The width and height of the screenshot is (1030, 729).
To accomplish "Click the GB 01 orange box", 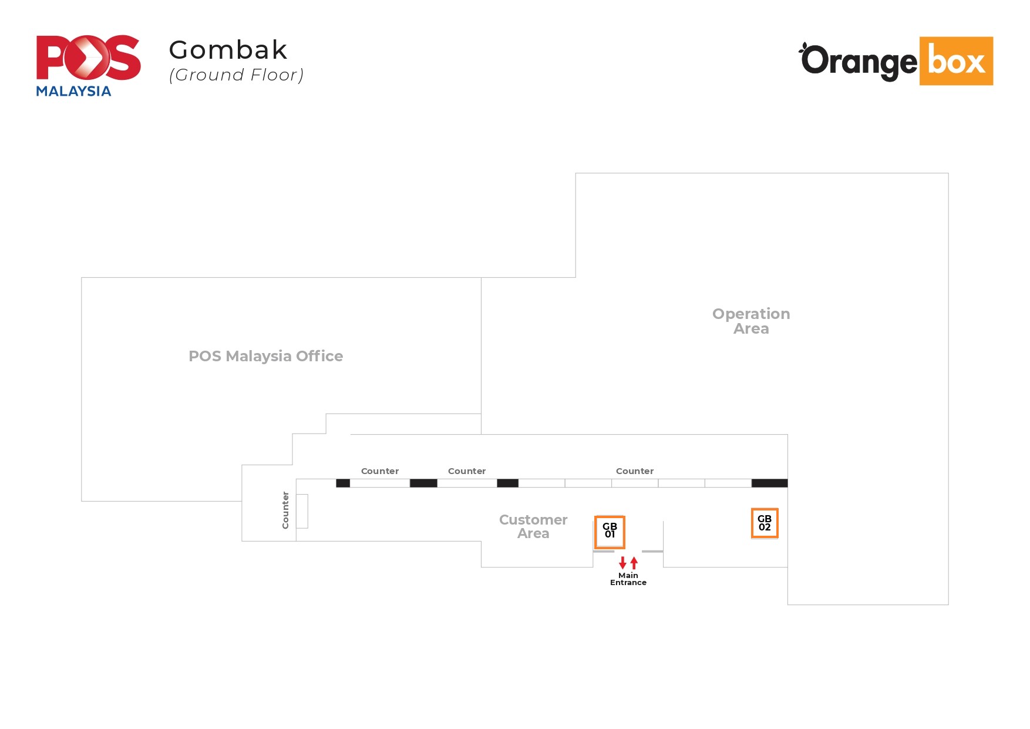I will coord(610,532).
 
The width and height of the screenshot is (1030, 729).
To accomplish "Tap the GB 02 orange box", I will coord(765,523).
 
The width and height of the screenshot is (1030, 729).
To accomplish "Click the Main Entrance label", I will coord(628,579).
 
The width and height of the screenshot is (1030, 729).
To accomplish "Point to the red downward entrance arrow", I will coord(622,563).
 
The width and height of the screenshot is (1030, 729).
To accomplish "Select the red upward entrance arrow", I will coord(634,562).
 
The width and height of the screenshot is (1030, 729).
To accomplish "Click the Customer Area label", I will coord(533,527).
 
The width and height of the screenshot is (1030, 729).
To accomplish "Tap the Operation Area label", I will coord(751,321).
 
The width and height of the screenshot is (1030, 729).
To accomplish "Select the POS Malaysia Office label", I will coord(265,356).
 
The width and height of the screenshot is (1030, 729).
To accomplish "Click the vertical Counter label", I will coord(285,510).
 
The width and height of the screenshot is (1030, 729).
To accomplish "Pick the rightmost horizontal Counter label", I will coord(634,471).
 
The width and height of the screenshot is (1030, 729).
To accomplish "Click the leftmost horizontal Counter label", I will coord(379,471).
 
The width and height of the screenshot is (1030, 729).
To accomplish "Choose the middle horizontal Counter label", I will coord(467,471).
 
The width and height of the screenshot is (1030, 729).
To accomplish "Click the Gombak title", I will coord(228,50).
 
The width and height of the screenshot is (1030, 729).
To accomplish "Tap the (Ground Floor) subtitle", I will coord(236,75).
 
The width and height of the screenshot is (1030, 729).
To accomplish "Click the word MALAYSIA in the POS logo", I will coord(73,91).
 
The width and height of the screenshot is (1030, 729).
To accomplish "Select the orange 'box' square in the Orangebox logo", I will coord(956,61).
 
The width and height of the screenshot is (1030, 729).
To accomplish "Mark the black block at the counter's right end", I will coord(769,483).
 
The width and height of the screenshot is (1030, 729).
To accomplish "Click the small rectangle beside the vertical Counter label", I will coord(302,511).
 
